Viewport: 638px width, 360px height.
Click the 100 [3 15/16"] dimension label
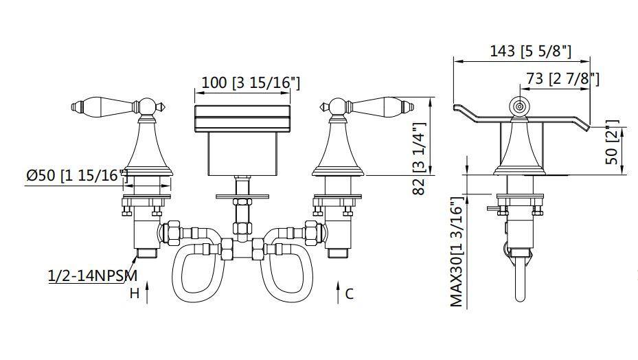pos(251,82)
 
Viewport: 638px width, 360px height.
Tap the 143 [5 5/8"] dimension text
pos(531,52)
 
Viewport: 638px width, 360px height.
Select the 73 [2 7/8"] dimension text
pos(562,78)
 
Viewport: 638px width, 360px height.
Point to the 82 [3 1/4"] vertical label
pos(420,159)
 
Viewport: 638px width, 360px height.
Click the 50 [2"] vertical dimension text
pos(612,142)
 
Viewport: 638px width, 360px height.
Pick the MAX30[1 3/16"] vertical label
pos(457,251)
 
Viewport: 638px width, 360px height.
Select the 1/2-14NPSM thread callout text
pos(93,276)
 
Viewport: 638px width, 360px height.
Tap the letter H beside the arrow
pos(135,293)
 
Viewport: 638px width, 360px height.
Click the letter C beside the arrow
pos(349,293)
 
